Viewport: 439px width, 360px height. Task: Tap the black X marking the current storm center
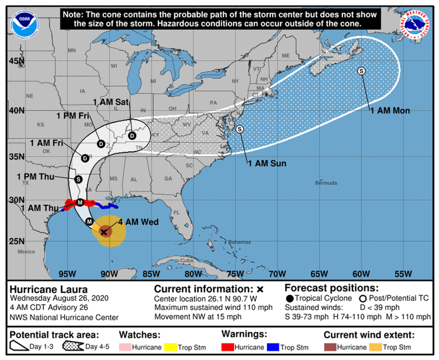pyautogui.click(x=104, y=232)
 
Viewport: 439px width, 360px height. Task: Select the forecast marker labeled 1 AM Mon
pyautogui.click(x=361, y=71)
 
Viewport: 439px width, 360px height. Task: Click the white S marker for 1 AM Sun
pyautogui.click(x=240, y=129)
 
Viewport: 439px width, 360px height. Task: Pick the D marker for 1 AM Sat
pyautogui.click(x=132, y=135)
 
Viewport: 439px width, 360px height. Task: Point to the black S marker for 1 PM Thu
pyautogui.click(x=78, y=179)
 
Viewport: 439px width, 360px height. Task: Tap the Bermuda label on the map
pyautogui.click(x=326, y=183)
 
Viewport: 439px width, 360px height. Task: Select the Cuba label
pyautogui.click(x=186, y=261)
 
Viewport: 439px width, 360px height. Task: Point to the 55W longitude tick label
pyautogui.click(x=403, y=274)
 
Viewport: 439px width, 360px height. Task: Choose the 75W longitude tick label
pyautogui.click(x=235, y=274)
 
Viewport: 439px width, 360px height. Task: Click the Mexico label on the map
pyautogui.click(x=26, y=252)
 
